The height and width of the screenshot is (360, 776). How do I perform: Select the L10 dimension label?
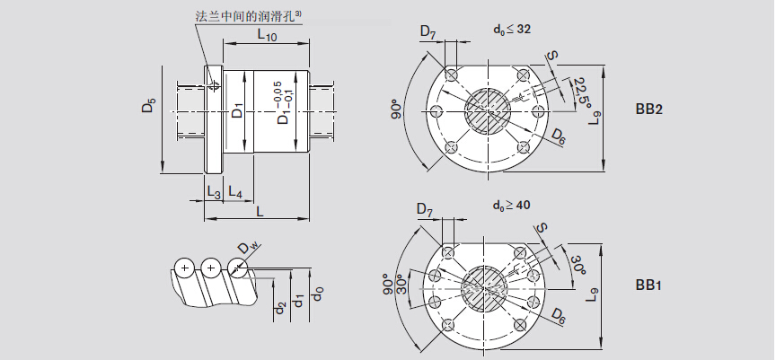[x=267, y=36]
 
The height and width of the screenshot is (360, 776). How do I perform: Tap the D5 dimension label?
[x=149, y=107]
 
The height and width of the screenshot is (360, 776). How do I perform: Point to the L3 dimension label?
[x=214, y=191]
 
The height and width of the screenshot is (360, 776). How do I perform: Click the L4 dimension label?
[x=235, y=191]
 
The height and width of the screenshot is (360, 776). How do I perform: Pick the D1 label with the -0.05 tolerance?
[x=282, y=102]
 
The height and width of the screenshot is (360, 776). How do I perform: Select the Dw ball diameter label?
[x=248, y=248]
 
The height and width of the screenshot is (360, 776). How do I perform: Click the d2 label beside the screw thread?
[x=280, y=310]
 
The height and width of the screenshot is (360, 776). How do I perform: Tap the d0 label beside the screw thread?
[x=317, y=294]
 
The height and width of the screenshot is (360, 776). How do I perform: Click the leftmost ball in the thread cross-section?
[x=185, y=267]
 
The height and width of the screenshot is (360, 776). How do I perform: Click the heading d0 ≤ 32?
[x=512, y=29]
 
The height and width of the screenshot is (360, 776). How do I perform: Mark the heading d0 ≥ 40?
[x=512, y=206]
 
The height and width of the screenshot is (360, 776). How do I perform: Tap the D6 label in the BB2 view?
[x=559, y=136]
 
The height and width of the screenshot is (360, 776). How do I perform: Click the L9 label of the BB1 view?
[x=595, y=293]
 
